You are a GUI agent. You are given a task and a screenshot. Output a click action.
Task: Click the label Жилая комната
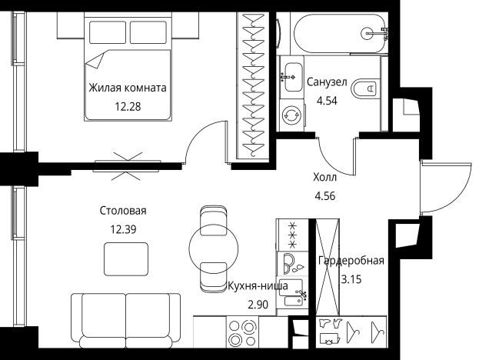click(x=128, y=88)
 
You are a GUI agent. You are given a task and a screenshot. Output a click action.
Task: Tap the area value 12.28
click(x=128, y=107)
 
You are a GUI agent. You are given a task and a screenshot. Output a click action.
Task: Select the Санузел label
click(x=327, y=82)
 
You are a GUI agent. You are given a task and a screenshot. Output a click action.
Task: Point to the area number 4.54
click(x=327, y=101)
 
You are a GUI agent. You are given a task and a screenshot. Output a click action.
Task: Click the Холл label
click(x=324, y=177)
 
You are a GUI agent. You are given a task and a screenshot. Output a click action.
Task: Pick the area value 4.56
click(x=324, y=196)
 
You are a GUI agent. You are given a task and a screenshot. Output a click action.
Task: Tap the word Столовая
click(x=123, y=211)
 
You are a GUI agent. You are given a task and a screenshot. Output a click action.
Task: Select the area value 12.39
click(x=123, y=229)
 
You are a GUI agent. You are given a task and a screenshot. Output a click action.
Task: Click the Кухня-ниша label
click(x=258, y=286)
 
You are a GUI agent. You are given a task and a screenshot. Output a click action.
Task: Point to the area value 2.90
click(x=258, y=305)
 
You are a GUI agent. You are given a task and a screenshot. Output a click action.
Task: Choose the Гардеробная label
click(x=351, y=261)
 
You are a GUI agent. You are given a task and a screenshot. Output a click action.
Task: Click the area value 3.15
click(x=351, y=279)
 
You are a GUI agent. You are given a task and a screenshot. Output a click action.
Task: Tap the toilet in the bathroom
click(x=366, y=88)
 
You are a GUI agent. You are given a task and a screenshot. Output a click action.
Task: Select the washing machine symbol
click(x=291, y=115)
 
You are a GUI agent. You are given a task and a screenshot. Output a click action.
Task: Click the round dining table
click(x=214, y=248)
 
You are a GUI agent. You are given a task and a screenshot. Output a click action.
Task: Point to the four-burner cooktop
click(x=243, y=332)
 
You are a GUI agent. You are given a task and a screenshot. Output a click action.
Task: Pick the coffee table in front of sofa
click(x=126, y=259)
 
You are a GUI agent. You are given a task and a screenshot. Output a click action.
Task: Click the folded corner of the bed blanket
click(x=95, y=61)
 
